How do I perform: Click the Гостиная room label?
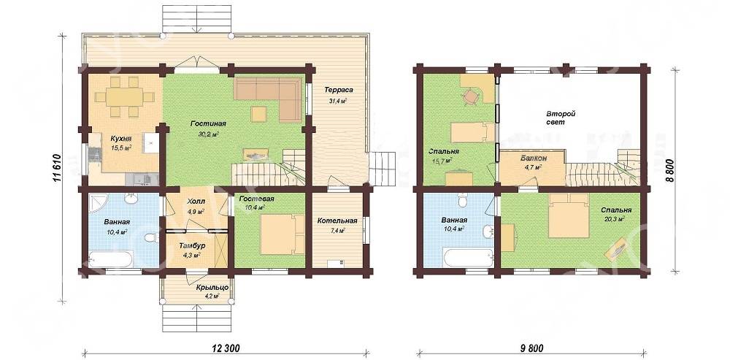pos(208,124)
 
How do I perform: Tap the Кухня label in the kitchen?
pos(120,138)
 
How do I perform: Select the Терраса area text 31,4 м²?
pos(339,101)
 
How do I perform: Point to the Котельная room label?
pos(337,221)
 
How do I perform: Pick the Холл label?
pos(195,202)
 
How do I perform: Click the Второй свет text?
pos(561,118)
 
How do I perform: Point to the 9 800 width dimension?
pos(531,348)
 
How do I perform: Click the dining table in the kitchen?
pos(124,97)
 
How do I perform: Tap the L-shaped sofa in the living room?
pos(268,96)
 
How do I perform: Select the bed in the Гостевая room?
pos(279,234)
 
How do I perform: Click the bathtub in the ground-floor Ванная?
pos(111,258)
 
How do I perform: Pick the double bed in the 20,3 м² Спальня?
pos(569,216)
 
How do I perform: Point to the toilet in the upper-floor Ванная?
pos(463,200)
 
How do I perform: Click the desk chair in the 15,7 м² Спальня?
pos(471,97)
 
